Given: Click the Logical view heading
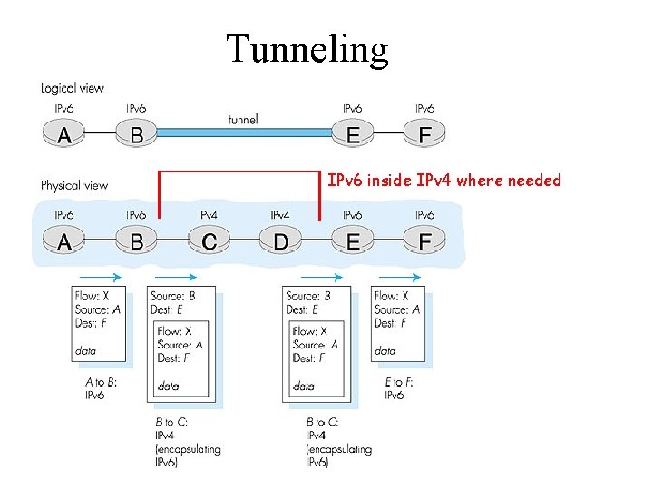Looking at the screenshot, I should [x=73, y=88].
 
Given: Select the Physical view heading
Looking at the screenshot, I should [x=74, y=185].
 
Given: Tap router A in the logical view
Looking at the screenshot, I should [x=64, y=135].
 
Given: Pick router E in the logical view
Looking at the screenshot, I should [x=354, y=135].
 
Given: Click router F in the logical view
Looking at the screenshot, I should [x=424, y=135].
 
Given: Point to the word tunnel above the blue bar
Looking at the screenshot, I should [x=242, y=119].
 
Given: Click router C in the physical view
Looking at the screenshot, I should [x=209, y=242].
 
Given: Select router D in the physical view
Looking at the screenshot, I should [x=280, y=242].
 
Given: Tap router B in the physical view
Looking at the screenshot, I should [x=136, y=242].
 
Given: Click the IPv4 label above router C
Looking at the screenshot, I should [x=208, y=215].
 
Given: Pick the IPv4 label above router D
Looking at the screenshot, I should [x=280, y=215].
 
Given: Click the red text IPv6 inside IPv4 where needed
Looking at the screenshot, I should [x=444, y=181].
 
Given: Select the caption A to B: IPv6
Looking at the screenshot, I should [x=101, y=388].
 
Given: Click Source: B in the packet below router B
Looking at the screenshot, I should [x=172, y=296].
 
